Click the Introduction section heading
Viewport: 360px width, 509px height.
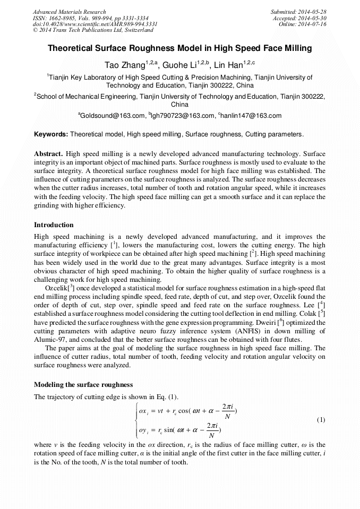click(54, 225)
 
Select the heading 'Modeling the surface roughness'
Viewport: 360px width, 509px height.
click(83, 384)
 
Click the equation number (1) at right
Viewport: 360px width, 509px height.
click(321, 420)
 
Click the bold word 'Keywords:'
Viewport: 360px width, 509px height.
click(51, 134)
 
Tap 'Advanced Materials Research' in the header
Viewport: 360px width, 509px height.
click(70, 12)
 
